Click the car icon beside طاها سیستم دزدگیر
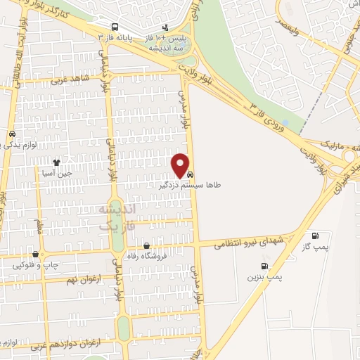(192, 174)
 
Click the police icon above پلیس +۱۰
(165, 27)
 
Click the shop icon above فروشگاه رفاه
(146, 246)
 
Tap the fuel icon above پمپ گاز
(314, 236)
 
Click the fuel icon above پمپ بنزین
(264, 266)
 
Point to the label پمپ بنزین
(264, 278)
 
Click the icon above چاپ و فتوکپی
(35, 254)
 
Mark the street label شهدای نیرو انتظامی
(258, 242)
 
